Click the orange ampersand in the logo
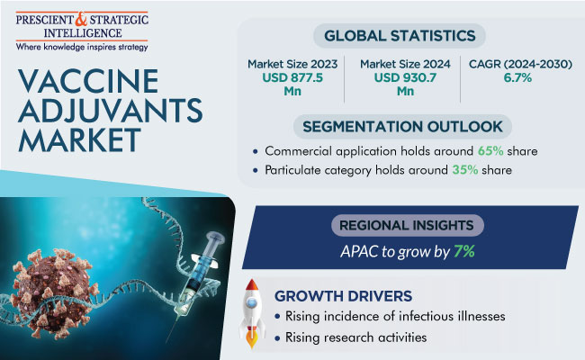(81, 19)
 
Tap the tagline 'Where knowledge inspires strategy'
(82, 47)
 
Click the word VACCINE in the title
(88, 81)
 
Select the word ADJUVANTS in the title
(111, 111)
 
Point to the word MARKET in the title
(79, 139)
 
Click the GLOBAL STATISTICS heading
(400, 36)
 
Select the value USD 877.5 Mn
(292, 85)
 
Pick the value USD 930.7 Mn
(405, 85)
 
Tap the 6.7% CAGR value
(517, 78)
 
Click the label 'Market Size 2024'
(405, 64)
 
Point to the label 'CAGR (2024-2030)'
(520, 64)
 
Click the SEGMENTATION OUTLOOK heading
(402, 127)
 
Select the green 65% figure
(490, 151)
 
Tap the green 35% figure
(465, 170)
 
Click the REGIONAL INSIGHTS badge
(408, 225)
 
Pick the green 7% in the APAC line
(464, 252)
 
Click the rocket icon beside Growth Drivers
(252, 313)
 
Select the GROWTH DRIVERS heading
(343, 296)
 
